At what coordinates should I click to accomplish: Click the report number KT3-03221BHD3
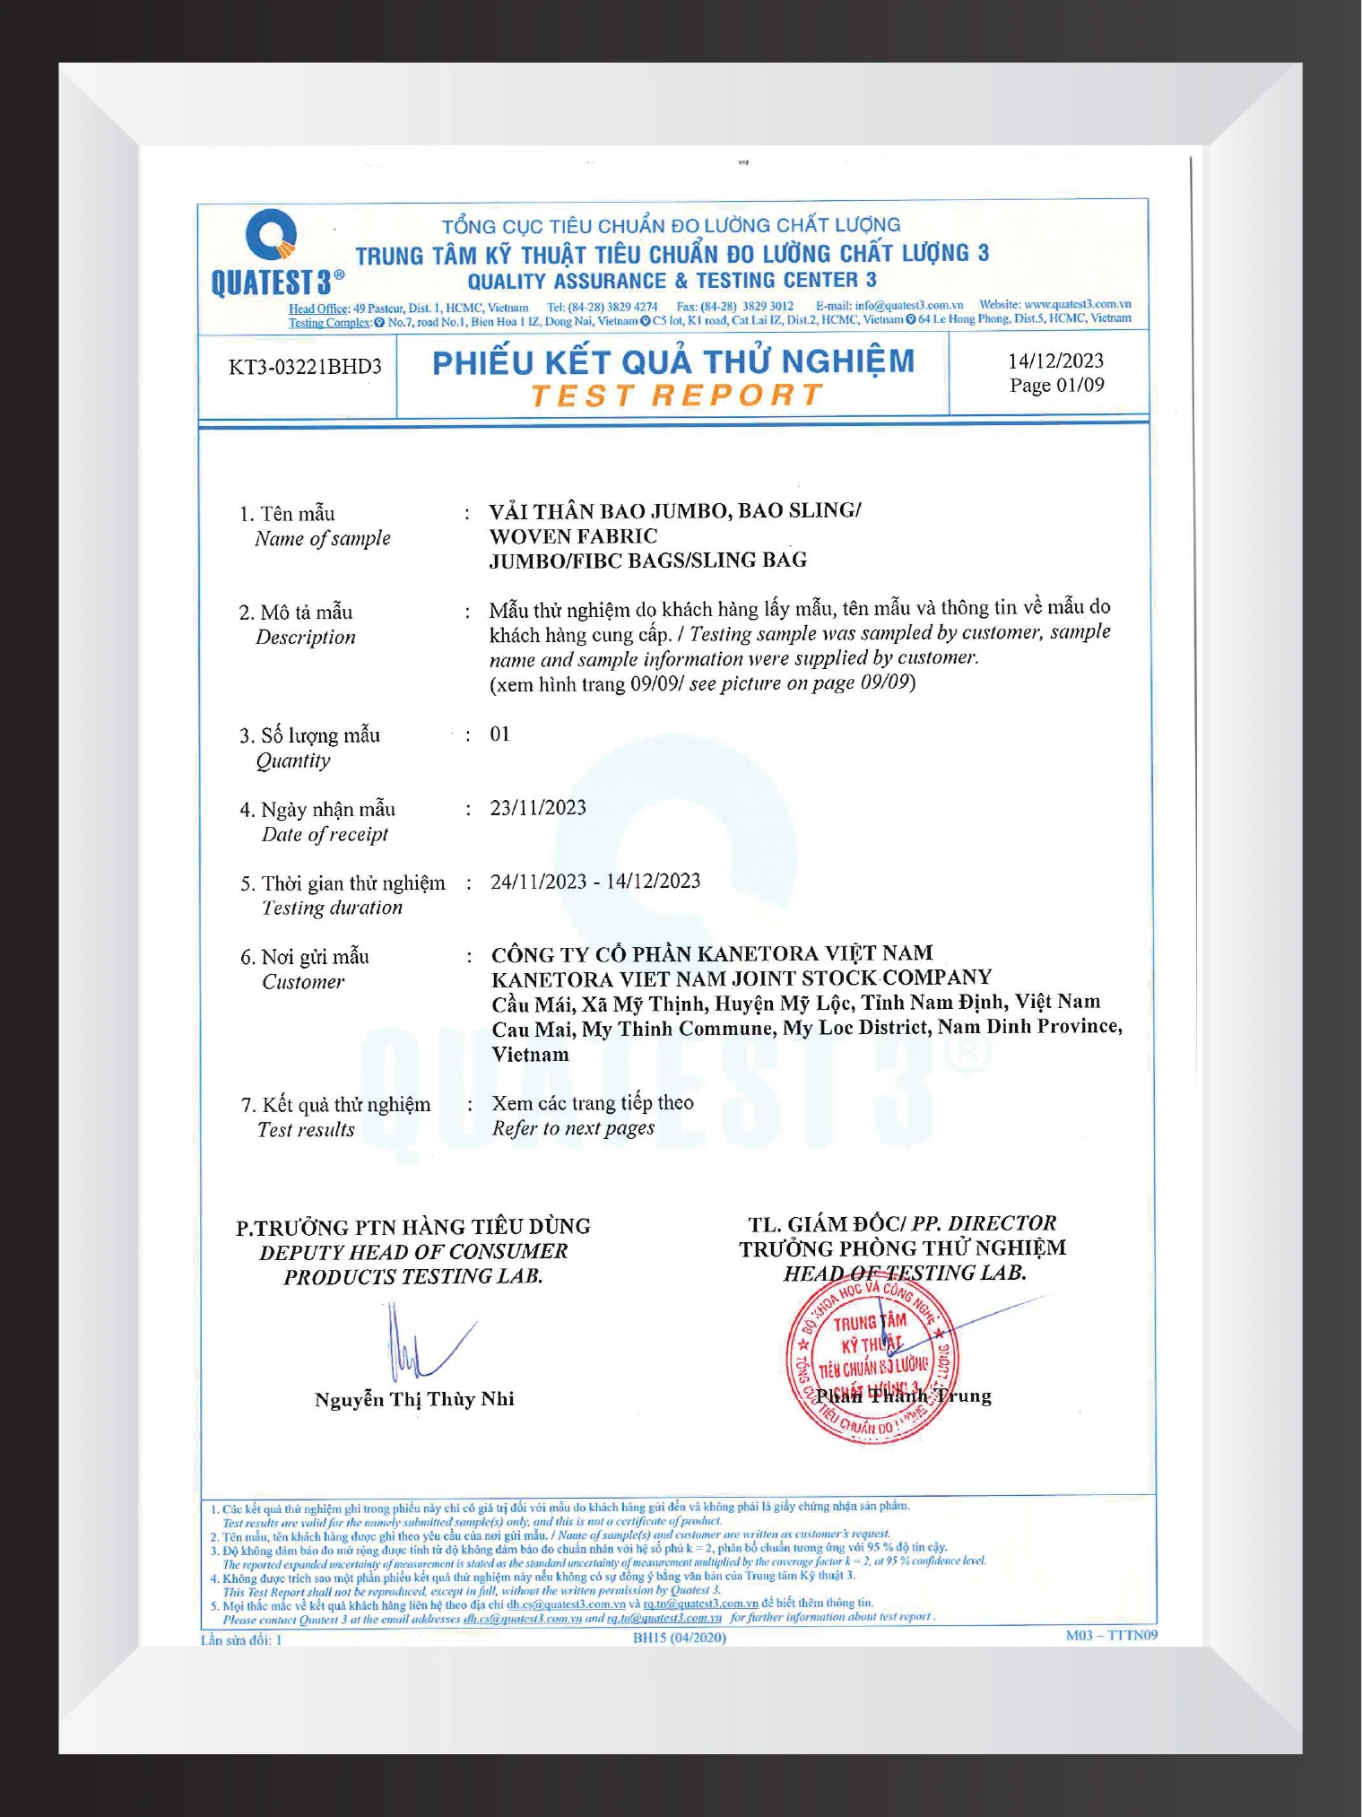pyautogui.click(x=305, y=367)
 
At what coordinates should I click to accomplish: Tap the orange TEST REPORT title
pyautogui.click(x=676, y=396)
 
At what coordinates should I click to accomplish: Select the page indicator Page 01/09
pyautogui.click(x=1056, y=386)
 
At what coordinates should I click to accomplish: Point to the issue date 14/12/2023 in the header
pyautogui.click(x=1055, y=361)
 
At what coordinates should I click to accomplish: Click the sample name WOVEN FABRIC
pyautogui.click(x=573, y=536)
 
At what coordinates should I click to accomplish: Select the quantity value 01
pyautogui.click(x=499, y=735)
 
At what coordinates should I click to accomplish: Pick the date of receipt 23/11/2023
pyautogui.click(x=538, y=808)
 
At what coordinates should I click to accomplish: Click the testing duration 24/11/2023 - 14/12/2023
pyautogui.click(x=595, y=882)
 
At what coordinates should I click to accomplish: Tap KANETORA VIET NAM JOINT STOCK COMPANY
pyautogui.click(x=742, y=978)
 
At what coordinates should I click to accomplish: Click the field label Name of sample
pyautogui.click(x=323, y=539)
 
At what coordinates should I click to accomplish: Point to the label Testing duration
pyautogui.click(x=332, y=908)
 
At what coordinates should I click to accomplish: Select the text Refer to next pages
pyautogui.click(x=573, y=1129)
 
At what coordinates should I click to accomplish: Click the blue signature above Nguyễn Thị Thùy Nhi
pyautogui.click(x=421, y=1345)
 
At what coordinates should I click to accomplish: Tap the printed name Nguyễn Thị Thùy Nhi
pyautogui.click(x=414, y=1400)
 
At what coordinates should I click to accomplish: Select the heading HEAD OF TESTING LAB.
pyautogui.click(x=904, y=1274)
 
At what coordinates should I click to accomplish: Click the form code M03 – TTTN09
pyautogui.click(x=1111, y=1636)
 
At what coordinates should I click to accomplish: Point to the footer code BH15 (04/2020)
pyautogui.click(x=679, y=1638)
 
